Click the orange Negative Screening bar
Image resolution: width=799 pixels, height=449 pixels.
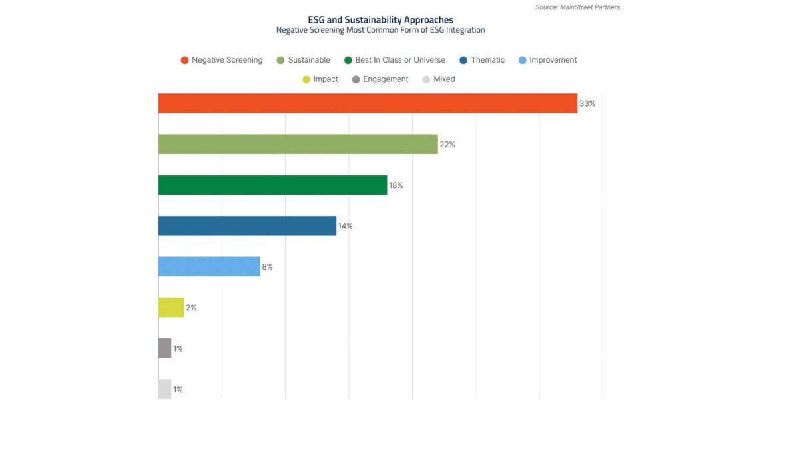(x=368, y=103)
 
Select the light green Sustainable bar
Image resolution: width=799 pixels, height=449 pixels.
(x=298, y=144)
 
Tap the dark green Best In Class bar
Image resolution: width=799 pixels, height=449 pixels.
(x=272, y=185)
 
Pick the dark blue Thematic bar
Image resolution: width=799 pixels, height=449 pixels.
(x=247, y=226)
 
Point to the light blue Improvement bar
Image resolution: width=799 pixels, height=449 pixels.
(x=209, y=266)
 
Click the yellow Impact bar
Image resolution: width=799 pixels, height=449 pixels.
(x=171, y=308)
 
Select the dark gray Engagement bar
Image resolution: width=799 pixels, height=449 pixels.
(x=164, y=348)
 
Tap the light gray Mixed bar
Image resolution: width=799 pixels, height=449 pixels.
(x=164, y=389)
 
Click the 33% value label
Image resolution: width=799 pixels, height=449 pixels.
(x=587, y=103)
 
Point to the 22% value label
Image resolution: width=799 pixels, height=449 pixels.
(x=447, y=145)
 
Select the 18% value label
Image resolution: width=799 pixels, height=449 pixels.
(x=396, y=185)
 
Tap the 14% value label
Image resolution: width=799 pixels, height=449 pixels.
(x=345, y=226)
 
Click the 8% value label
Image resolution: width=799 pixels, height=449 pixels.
(x=267, y=267)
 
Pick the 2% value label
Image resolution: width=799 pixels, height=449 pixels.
(x=191, y=308)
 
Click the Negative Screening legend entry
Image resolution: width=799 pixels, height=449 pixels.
(x=222, y=60)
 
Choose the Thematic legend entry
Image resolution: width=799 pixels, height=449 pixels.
(x=482, y=60)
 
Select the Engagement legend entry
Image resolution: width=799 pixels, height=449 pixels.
(x=380, y=79)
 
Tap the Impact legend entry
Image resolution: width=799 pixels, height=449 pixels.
(x=320, y=79)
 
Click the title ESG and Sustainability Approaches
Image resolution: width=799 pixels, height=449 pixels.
(x=380, y=20)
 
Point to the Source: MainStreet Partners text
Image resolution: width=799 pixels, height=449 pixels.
(x=577, y=7)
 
